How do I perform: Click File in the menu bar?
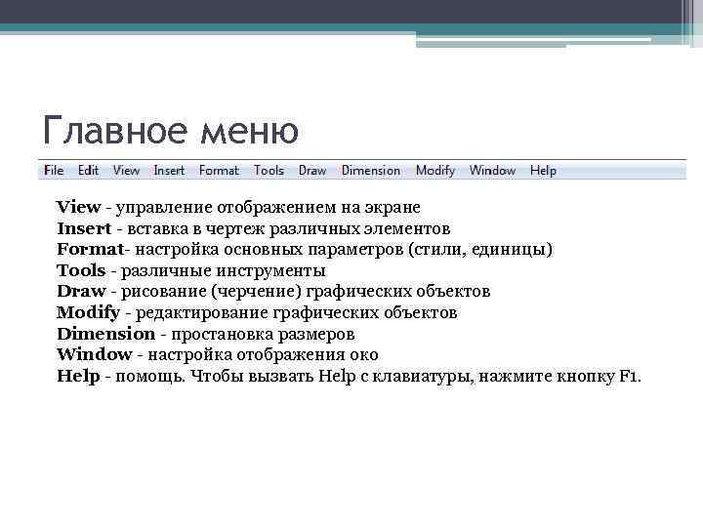click(x=54, y=170)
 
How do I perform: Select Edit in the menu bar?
click(x=89, y=170)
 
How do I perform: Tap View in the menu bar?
click(x=127, y=170)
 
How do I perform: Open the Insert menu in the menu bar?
click(x=169, y=170)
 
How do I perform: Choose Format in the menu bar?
click(x=219, y=170)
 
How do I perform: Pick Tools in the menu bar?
click(x=269, y=170)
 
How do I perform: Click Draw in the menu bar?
click(x=312, y=170)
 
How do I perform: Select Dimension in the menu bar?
click(x=371, y=170)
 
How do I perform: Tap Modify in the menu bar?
click(x=435, y=170)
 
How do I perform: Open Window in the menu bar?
click(x=492, y=170)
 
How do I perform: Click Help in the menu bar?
click(x=543, y=170)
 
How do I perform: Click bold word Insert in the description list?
click(x=84, y=228)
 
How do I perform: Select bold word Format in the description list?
click(x=89, y=249)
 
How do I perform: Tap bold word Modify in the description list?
click(x=88, y=312)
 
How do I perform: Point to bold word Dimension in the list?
click(x=105, y=334)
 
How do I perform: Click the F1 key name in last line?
click(x=629, y=377)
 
